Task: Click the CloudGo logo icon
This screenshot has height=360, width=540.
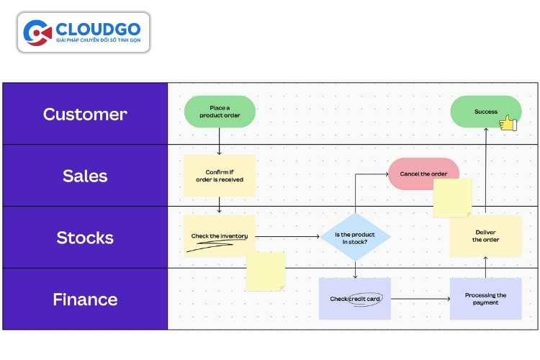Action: [x=37, y=32]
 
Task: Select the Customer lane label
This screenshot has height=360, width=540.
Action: [x=85, y=114]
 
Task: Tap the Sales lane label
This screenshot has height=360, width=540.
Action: [x=85, y=176]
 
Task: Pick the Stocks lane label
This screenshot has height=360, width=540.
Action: [x=85, y=238]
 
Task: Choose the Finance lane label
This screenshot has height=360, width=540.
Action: [x=85, y=300]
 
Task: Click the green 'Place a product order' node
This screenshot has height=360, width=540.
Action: [x=220, y=112]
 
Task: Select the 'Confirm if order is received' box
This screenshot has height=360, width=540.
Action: [x=220, y=176]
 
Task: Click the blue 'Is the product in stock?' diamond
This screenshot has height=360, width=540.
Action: [x=356, y=237]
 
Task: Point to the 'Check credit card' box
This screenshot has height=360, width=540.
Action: [x=355, y=299]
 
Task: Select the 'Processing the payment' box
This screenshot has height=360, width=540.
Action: [x=485, y=299]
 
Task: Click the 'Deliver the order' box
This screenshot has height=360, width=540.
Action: [x=485, y=236]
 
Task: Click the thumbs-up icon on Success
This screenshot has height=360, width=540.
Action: [x=508, y=124]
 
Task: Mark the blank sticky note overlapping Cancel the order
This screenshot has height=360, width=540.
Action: [x=452, y=198]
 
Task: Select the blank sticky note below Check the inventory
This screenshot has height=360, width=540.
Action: [x=266, y=271]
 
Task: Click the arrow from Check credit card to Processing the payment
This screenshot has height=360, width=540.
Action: [x=420, y=299]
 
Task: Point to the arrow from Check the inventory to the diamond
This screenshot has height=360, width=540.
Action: [x=288, y=236]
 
